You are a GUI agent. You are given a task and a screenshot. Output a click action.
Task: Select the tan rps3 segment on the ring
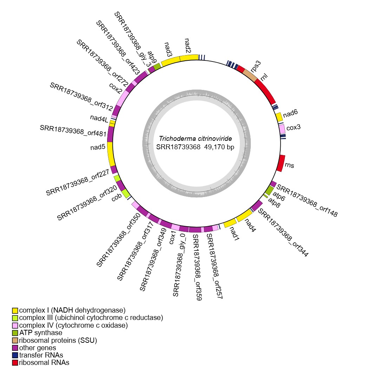[x=250, y=74]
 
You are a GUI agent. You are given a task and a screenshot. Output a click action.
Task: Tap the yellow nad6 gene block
[x=279, y=117]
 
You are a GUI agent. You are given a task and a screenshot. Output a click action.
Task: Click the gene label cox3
[x=293, y=128]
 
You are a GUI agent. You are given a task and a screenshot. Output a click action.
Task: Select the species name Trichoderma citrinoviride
[x=195, y=139]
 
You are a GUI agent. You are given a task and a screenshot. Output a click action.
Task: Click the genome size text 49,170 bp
[x=219, y=147]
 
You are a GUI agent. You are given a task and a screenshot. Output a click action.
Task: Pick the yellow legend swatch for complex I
[x=15, y=310]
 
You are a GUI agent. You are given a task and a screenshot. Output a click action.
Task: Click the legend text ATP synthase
[x=41, y=333]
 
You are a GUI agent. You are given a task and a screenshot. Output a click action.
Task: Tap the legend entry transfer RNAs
[x=41, y=355]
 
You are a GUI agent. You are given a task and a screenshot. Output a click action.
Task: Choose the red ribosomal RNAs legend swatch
[x=15, y=362]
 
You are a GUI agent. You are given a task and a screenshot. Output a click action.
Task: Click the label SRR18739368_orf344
[x=283, y=233]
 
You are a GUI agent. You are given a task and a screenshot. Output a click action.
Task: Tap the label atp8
[x=274, y=202]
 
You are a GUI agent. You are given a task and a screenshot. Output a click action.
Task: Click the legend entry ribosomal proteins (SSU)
[x=58, y=340]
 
